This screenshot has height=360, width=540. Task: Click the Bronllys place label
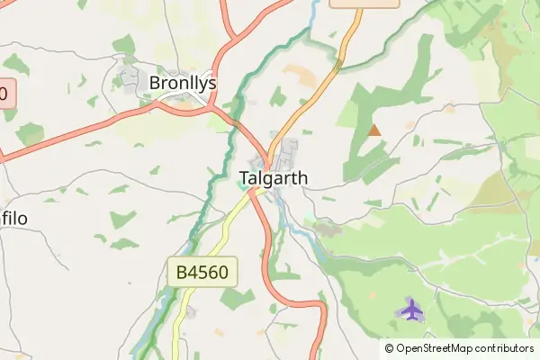click(x=183, y=83)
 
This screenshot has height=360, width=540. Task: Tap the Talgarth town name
click(x=274, y=178)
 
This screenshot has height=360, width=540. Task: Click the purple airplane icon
click(x=411, y=310)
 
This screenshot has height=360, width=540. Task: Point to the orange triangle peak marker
click(x=374, y=130)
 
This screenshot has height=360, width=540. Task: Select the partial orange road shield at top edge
click(x=364, y=3)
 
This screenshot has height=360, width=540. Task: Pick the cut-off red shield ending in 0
click(x=7, y=94)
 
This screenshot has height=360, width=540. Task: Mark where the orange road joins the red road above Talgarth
click(x=269, y=153)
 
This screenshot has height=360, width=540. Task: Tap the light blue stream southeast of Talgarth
click(x=301, y=229)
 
